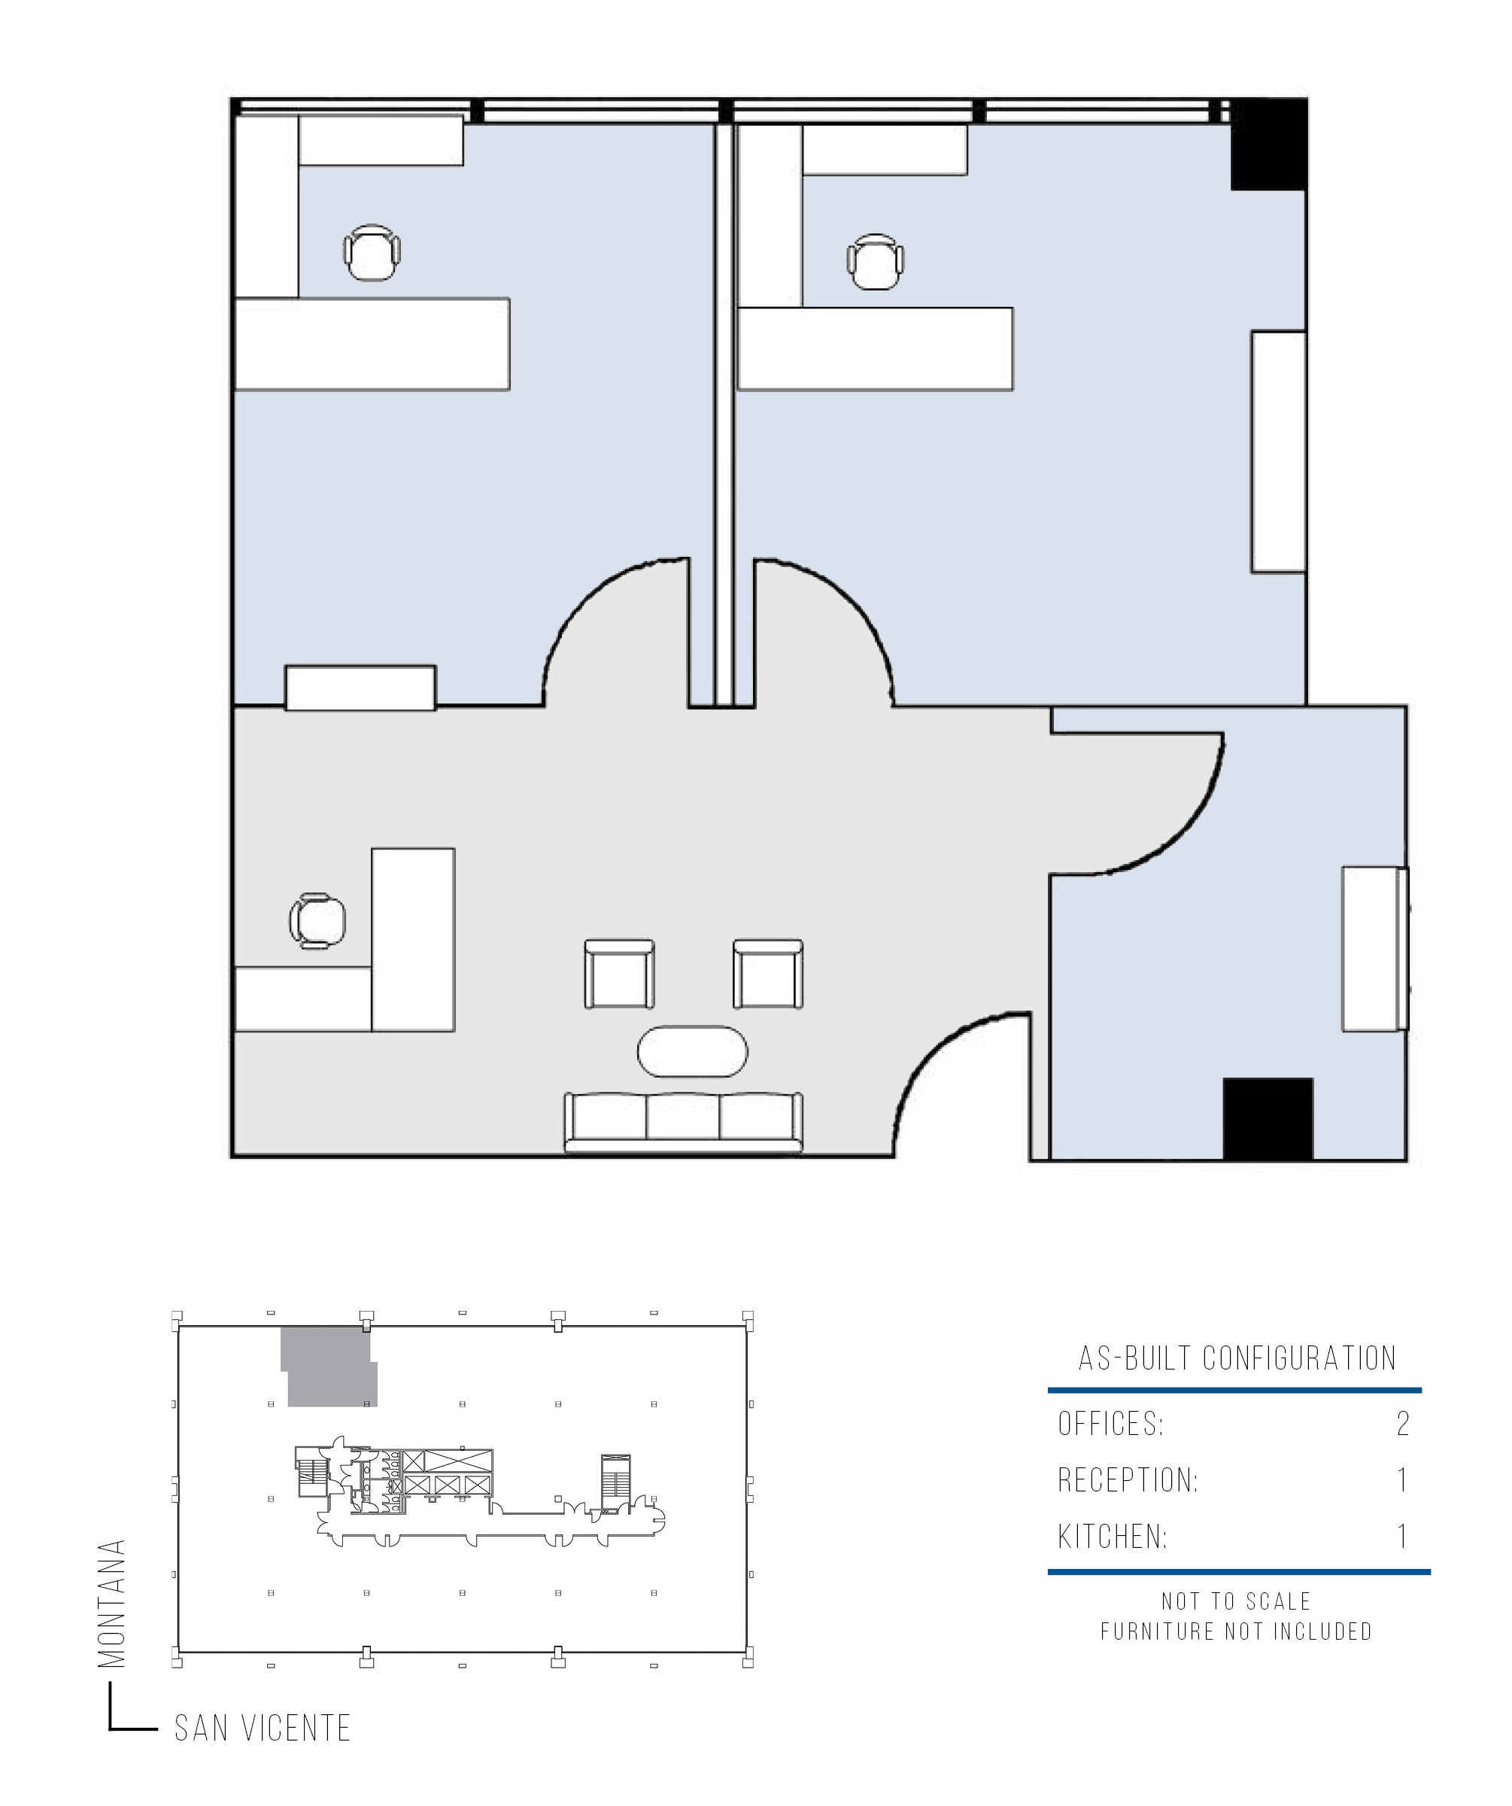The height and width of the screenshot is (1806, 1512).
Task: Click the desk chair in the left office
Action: click(372, 253)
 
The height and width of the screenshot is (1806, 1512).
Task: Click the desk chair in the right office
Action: click(875, 261)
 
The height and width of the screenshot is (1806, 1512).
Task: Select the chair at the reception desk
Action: click(317, 921)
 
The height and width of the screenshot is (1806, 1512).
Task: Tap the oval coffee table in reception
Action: click(692, 1051)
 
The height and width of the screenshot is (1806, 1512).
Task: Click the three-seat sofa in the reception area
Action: click(683, 1122)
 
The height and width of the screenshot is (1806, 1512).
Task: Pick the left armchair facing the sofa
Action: click(619, 974)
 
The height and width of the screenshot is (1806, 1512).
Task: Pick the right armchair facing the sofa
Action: click(767, 974)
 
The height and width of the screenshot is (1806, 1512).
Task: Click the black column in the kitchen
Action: click(1268, 1119)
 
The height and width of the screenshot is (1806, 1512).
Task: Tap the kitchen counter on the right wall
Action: click(1374, 949)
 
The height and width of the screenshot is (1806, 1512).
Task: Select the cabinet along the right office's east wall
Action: click(1279, 451)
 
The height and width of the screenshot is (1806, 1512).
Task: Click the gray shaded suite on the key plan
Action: click(329, 1367)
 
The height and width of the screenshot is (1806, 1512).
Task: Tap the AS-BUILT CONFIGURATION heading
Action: click(1237, 1358)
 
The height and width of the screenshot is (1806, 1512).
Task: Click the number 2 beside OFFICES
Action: click(1403, 1424)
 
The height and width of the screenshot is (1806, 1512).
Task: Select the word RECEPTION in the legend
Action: click(1128, 1480)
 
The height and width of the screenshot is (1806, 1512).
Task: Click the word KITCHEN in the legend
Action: click(1113, 1537)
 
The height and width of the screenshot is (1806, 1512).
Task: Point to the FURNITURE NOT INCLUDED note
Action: click(1237, 1631)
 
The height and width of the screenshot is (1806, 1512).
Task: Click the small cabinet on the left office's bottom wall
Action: click(360, 688)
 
